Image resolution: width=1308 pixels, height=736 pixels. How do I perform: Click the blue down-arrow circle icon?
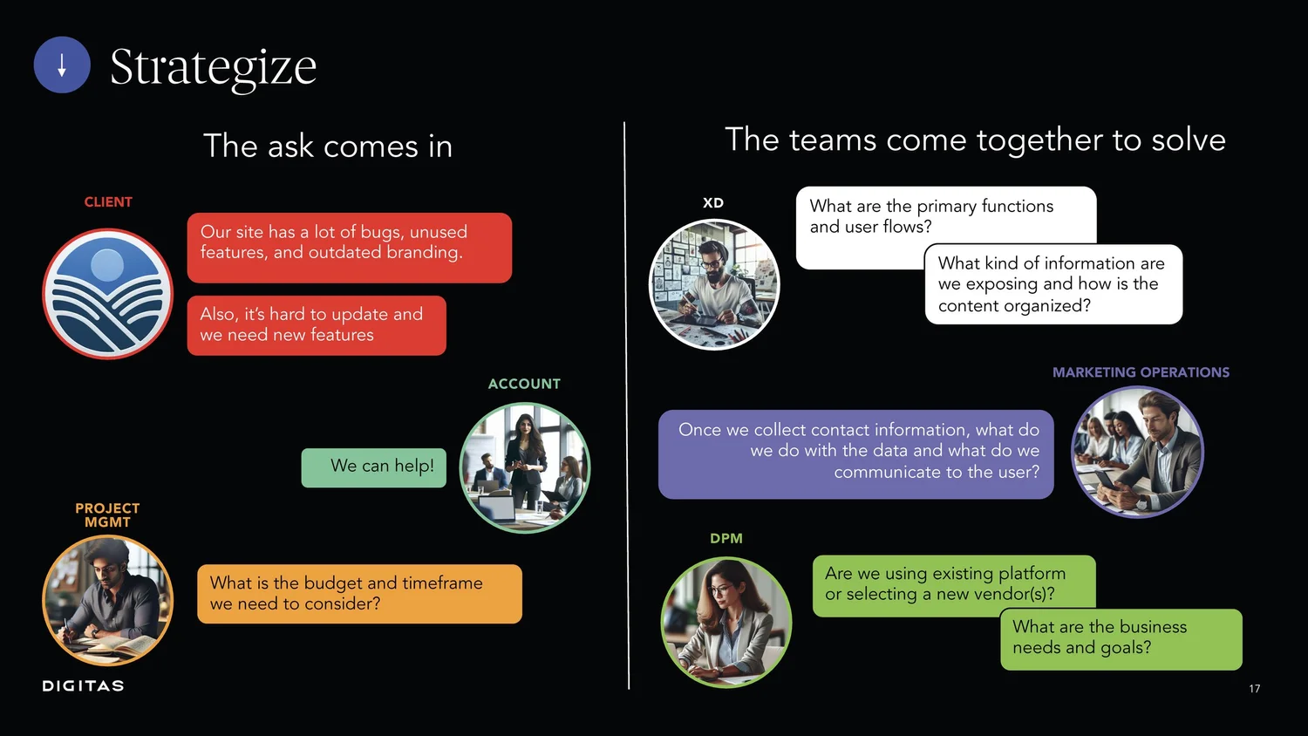(62, 65)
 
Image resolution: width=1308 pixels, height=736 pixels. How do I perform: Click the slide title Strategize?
(213, 67)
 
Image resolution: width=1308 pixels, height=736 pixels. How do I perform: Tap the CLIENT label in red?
(108, 202)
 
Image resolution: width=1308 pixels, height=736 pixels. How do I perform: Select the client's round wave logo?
(108, 294)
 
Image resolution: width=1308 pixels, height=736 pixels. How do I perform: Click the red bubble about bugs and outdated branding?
(349, 247)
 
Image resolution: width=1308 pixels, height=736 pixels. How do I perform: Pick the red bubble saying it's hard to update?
(316, 325)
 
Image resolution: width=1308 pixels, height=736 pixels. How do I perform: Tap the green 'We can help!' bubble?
(374, 467)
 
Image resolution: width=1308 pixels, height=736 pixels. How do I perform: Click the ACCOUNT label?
(524, 384)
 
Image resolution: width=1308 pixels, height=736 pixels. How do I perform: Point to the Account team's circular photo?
(525, 467)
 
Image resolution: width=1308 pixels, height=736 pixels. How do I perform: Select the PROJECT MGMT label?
(107, 515)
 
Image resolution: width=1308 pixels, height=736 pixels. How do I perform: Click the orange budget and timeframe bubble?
(359, 594)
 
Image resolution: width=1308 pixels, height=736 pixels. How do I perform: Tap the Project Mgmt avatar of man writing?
(108, 601)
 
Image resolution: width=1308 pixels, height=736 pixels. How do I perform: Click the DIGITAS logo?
(83, 686)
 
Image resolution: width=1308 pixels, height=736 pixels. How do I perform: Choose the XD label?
(713, 203)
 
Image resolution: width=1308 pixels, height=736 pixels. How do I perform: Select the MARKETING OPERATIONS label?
(1141, 372)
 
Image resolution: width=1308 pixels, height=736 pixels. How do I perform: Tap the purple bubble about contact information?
(855, 454)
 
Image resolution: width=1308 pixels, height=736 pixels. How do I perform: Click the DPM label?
(726, 539)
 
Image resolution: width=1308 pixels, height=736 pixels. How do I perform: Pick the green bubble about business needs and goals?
(1121, 639)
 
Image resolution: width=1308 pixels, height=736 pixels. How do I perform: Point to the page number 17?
(1254, 689)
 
